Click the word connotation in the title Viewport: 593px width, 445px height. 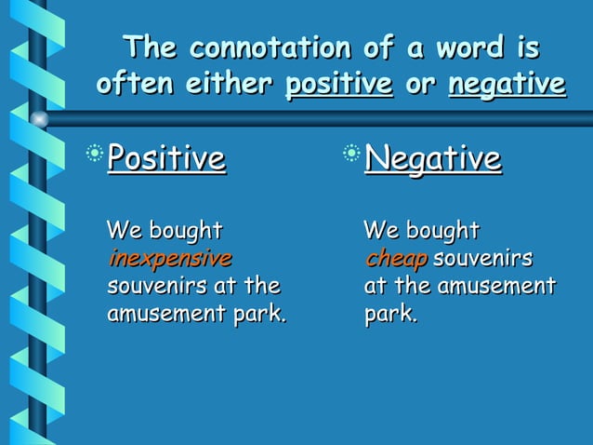click(266, 47)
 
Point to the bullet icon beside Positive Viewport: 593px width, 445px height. click(96, 152)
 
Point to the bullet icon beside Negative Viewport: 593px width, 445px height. click(351, 152)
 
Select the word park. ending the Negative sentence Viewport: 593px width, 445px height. click(390, 313)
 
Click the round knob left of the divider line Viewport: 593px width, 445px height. click(39, 118)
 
